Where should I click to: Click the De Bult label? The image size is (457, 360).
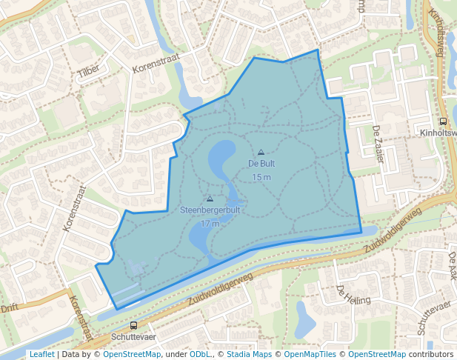(x=261, y=164)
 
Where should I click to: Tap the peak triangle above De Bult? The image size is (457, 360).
(x=261, y=152)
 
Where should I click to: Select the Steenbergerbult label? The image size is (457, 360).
(x=210, y=210)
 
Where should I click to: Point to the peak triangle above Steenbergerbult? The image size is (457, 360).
(x=210, y=199)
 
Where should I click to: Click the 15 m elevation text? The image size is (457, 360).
(x=261, y=177)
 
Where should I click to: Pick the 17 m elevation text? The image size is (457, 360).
(x=210, y=224)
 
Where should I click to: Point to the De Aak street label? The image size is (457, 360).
(x=453, y=264)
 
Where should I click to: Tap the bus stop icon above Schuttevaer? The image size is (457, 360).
(x=133, y=325)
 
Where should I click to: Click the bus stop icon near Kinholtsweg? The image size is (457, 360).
(x=443, y=121)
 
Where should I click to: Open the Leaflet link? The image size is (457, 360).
(x=41, y=355)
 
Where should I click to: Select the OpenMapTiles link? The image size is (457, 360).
(x=311, y=355)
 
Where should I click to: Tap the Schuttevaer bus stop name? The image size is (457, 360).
(x=133, y=336)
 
